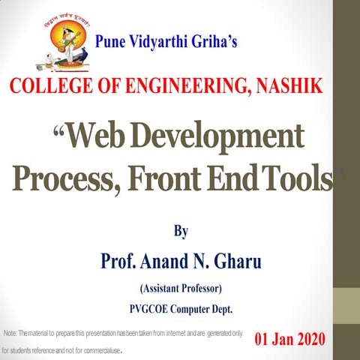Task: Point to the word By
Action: click(181, 231)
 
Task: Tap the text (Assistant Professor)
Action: click(181, 288)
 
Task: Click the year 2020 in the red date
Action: click(307, 339)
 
